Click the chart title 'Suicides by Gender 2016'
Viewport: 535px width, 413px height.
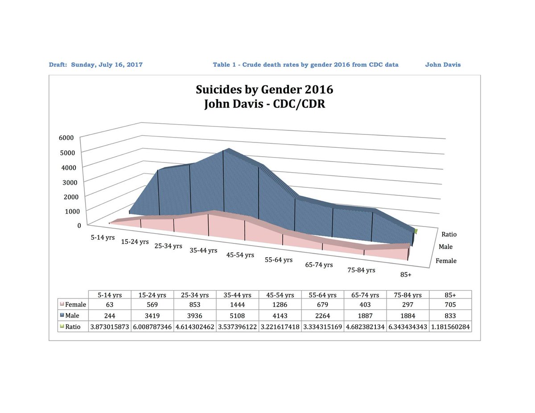click(264, 89)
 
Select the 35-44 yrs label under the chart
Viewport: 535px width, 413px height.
click(203, 250)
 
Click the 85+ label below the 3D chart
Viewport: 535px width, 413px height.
click(406, 275)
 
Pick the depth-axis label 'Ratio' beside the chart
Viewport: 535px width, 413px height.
click(449, 234)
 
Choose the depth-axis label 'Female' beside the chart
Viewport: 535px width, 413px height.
click(446, 261)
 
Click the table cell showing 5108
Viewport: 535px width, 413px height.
click(237, 316)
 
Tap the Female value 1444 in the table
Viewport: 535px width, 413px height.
click(237, 305)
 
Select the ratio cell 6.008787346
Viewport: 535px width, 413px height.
click(152, 326)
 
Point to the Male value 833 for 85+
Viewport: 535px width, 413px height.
click(450, 316)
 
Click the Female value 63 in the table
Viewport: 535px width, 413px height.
click(109, 305)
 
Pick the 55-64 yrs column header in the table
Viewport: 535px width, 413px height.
click(323, 295)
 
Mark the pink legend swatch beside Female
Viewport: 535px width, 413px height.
click(62, 305)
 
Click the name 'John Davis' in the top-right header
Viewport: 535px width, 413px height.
click(443, 65)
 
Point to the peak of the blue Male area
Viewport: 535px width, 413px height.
click(228, 150)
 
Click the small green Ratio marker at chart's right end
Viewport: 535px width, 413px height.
click(416, 231)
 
